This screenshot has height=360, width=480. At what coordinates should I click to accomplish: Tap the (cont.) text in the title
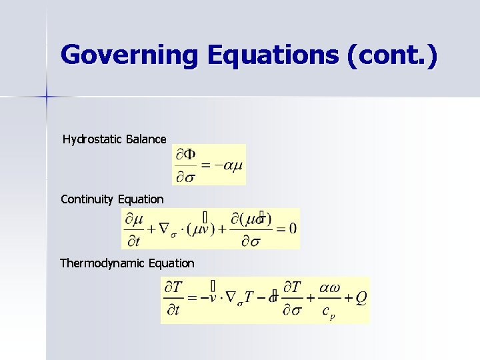point(393,55)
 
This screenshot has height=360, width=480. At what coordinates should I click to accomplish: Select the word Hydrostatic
point(92,139)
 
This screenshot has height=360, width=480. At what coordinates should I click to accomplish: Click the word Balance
point(145,139)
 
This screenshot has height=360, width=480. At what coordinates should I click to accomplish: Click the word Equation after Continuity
point(141,199)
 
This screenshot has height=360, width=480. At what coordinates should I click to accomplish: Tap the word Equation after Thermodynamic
point(172,263)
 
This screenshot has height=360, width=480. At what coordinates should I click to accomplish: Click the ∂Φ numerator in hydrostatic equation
point(186,155)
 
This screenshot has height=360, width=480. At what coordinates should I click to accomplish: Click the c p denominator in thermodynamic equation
point(327,312)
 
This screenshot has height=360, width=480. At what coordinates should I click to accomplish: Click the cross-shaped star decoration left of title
point(47,97)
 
